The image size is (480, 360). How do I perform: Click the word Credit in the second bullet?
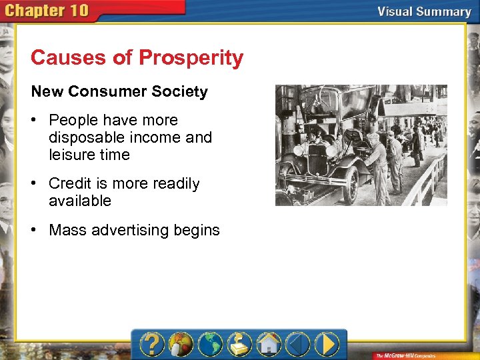[69, 183]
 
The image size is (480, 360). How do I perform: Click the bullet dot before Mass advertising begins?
[37, 230]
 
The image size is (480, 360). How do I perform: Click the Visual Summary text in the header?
[424, 11]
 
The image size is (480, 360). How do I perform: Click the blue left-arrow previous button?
[297, 345]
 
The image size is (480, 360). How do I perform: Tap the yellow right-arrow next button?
[327, 345]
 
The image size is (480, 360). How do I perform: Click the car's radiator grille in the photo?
[318, 160]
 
